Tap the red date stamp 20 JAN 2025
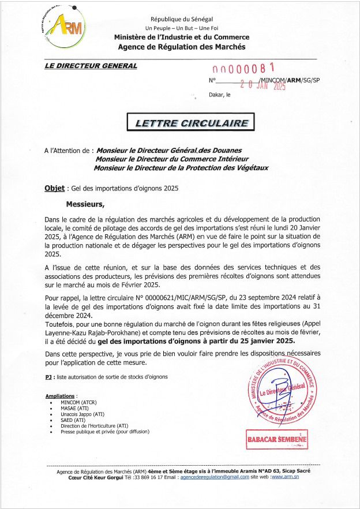(263, 85)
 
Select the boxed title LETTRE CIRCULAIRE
(192, 123)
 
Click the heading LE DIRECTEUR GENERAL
(91, 66)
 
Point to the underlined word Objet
(54, 188)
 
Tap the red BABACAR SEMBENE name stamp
(277, 440)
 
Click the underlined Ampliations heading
(59, 396)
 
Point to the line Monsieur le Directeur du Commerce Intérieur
(171, 159)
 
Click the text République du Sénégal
(181, 20)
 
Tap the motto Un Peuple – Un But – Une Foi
(181, 28)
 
